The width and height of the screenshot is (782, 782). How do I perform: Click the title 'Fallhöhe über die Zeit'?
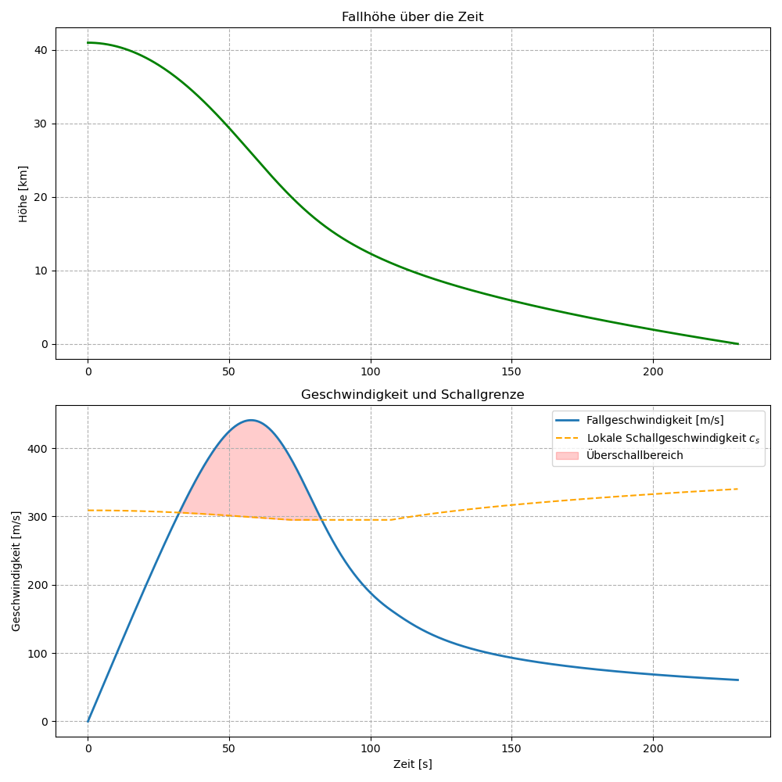point(412,17)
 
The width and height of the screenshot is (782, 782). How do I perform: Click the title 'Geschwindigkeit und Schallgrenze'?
point(412,395)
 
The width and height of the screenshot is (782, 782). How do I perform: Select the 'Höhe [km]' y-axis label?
point(23,193)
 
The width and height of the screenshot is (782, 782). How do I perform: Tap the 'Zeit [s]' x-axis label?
point(412,764)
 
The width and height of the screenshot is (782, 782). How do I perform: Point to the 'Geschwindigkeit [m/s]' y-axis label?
point(16,571)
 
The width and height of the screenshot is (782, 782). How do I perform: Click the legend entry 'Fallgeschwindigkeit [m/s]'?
point(655,421)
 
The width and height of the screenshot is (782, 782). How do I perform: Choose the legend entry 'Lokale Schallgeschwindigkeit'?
point(673,438)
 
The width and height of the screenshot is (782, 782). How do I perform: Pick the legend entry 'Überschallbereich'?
point(635,455)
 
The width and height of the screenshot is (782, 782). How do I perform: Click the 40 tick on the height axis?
point(41,50)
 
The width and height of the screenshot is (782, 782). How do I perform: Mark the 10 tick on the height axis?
point(41,271)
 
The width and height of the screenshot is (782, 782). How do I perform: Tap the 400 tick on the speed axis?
point(38,448)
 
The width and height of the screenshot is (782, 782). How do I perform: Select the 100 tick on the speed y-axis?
point(38,653)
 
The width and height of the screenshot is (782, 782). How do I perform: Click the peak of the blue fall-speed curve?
point(250,420)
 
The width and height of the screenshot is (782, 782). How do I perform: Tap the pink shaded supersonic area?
point(250,477)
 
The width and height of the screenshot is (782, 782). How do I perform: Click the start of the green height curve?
point(88,42)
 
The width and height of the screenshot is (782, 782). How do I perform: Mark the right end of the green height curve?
point(737,344)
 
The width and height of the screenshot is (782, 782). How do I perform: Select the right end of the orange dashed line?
point(737,489)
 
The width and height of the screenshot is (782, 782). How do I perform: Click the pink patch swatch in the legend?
point(567,455)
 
